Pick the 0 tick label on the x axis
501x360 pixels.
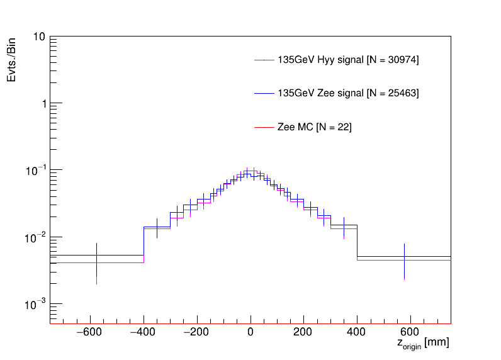250,332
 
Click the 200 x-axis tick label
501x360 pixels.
304,332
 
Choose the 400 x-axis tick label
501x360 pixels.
357,332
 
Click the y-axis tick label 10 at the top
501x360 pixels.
38,37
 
